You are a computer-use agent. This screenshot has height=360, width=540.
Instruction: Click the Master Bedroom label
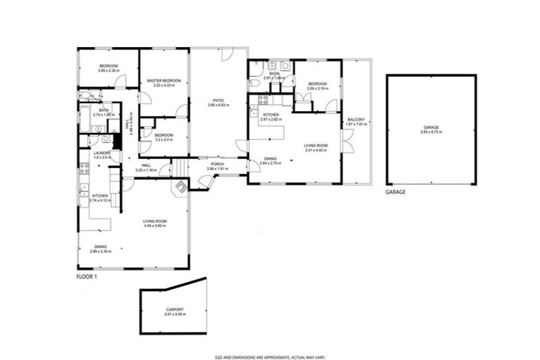(164, 81)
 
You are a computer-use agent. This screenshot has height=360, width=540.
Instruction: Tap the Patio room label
(219, 101)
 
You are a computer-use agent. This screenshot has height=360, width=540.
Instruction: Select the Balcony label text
(356, 120)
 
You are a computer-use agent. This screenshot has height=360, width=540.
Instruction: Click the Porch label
(219, 165)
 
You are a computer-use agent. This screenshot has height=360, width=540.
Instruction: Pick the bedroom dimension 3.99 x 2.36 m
(108, 71)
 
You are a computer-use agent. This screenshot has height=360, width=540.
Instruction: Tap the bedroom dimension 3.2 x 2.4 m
(164, 139)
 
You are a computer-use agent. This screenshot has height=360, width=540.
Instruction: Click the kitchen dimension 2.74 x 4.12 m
(100, 200)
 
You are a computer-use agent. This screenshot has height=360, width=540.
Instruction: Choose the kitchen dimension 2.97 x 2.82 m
(271, 120)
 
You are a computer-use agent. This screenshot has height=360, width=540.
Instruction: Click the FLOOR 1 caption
(88, 277)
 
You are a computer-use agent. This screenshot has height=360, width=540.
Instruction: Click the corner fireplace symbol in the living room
(181, 187)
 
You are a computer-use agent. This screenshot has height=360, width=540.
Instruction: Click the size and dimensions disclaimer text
(270, 356)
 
